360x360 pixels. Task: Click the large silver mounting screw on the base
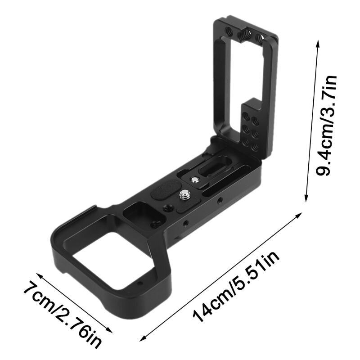tap(185, 195)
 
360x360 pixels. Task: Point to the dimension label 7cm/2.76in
tap(63, 315)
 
